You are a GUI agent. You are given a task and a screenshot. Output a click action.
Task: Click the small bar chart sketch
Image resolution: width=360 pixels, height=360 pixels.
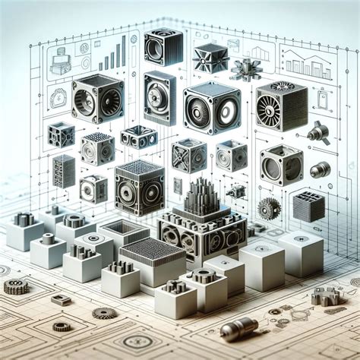113,55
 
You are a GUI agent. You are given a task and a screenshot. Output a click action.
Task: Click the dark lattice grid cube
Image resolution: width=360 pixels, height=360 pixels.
308,207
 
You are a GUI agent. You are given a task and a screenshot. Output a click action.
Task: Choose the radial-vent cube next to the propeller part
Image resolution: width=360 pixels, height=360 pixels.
281,106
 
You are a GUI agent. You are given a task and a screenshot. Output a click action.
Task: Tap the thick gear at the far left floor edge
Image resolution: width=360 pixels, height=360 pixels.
15,286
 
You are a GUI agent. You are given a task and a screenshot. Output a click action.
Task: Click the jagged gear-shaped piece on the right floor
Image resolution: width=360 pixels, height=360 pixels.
326,295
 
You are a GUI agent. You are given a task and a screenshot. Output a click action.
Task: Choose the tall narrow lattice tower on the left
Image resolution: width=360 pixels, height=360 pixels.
64,169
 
